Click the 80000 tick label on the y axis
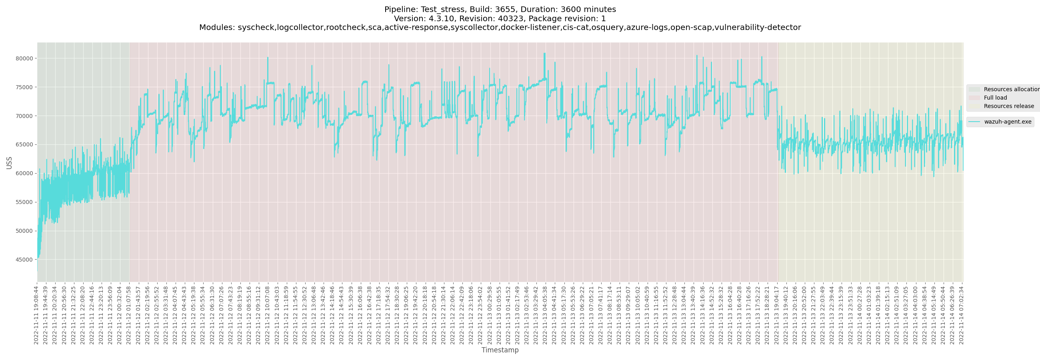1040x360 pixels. pyautogui.click(x=24, y=58)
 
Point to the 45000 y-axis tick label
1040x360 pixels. pyautogui.click(x=24, y=260)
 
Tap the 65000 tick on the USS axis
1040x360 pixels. pyautogui.click(x=24, y=145)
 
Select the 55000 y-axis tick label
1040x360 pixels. pyautogui.click(x=24, y=202)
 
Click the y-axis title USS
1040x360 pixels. pyautogui.click(x=9, y=163)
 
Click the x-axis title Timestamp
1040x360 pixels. pyautogui.click(x=500, y=350)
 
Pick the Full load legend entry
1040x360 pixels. pyautogui.click(x=995, y=98)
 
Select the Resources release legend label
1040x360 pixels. pyautogui.click(x=1008, y=106)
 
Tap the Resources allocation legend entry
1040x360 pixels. pyautogui.click(x=1011, y=89)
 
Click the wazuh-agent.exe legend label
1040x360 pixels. pyautogui.click(x=1007, y=122)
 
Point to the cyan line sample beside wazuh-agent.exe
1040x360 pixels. pyautogui.click(x=974, y=122)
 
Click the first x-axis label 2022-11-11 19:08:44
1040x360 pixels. pyautogui.click(x=36, y=315)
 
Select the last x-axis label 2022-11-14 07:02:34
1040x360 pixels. pyautogui.click(x=961, y=315)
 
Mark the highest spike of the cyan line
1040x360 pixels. pyautogui.click(x=544, y=54)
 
